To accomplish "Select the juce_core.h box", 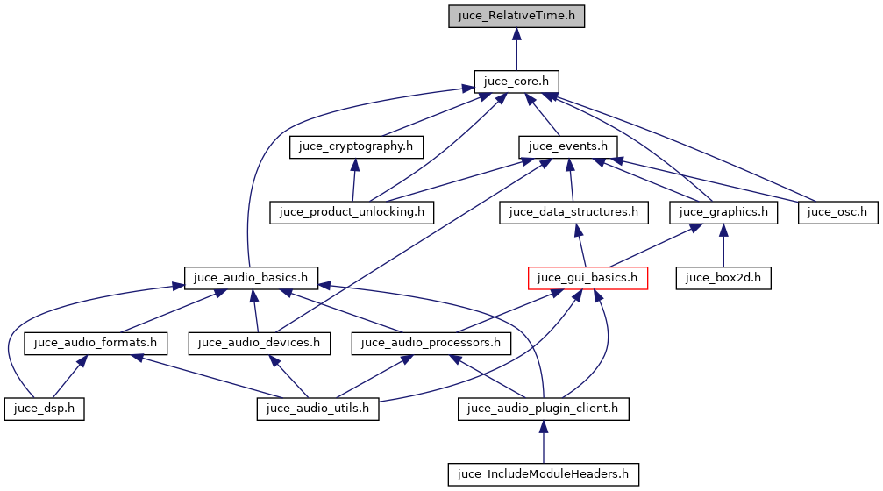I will [x=516, y=81].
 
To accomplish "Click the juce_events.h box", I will [x=569, y=146].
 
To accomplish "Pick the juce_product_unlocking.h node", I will [x=352, y=211].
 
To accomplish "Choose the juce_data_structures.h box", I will [x=573, y=211].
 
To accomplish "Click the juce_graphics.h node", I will [x=723, y=211].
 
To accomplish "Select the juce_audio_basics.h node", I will [x=251, y=278].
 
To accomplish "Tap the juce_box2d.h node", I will [x=723, y=278].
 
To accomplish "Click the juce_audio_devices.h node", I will [x=260, y=343].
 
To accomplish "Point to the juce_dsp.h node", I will [x=44, y=409].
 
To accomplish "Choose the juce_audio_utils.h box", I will [x=317, y=409].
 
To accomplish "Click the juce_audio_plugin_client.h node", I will [x=543, y=409].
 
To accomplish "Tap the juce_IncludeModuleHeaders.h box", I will [x=543, y=474].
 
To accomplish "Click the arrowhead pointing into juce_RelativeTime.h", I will [x=516, y=33].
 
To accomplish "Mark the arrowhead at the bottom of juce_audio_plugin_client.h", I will [x=543, y=427].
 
